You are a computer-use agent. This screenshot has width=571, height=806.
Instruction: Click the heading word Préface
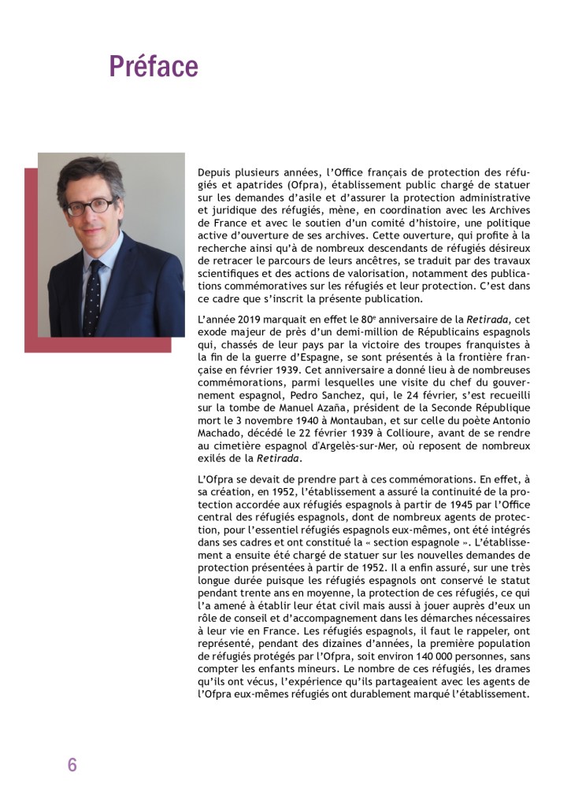click(154, 66)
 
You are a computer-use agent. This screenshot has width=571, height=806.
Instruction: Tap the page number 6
click(72, 764)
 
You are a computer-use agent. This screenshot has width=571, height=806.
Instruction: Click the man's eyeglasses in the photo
click(90, 206)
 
